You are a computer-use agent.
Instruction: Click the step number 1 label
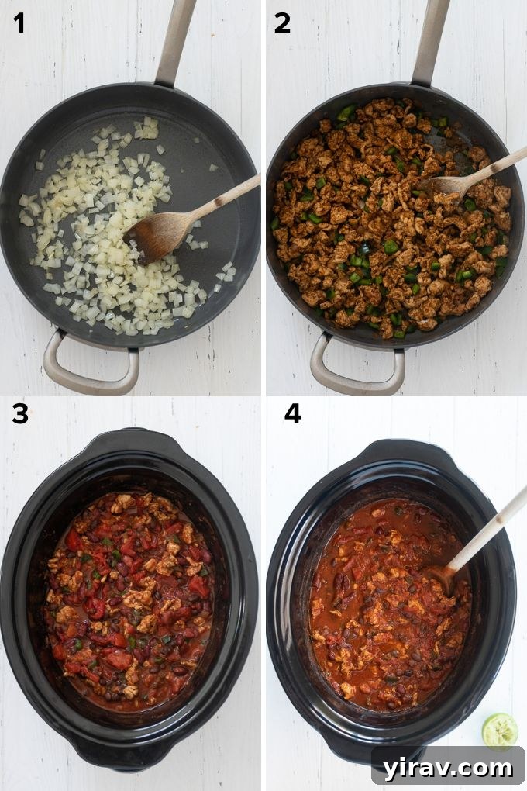point(19,23)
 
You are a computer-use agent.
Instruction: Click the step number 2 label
point(283,23)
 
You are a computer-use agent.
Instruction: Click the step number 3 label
point(19,415)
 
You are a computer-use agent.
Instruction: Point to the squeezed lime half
point(500,730)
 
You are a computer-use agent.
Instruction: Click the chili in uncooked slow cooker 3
point(128,597)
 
